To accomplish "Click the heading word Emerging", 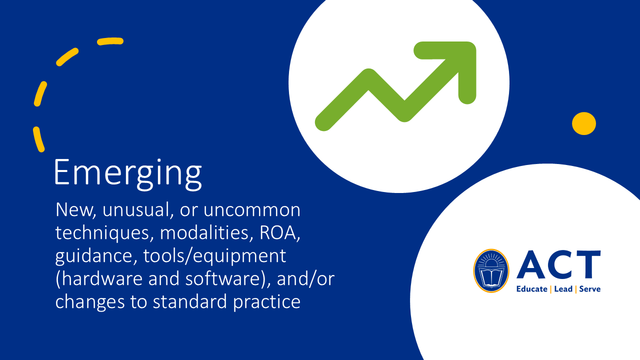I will click(127, 173).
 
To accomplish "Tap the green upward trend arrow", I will click(395, 90).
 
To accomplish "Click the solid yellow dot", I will click(583, 123).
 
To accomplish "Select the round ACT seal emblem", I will click(491, 270).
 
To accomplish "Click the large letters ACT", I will click(558, 265).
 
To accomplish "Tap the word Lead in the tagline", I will click(563, 289).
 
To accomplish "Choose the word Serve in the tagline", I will click(590, 289).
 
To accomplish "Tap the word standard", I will click(195, 302).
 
